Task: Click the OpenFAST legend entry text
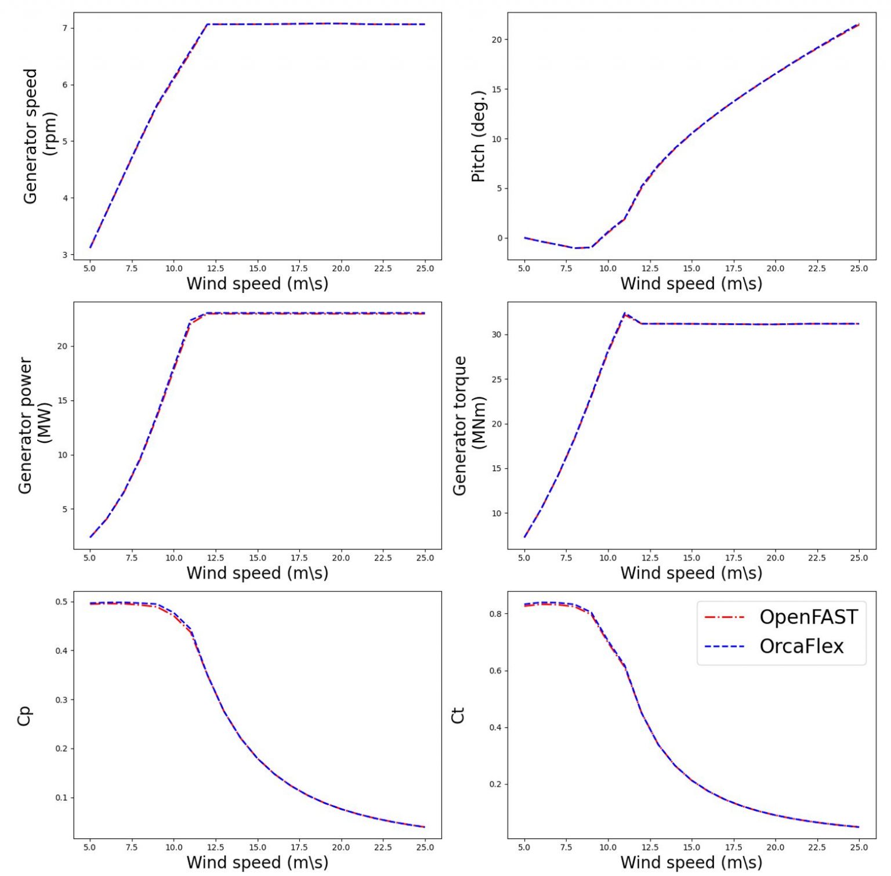click(x=808, y=617)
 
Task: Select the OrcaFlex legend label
click(x=802, y=646)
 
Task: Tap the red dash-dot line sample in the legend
click(x=725, y=617)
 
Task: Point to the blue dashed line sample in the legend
click(x=725, y=646)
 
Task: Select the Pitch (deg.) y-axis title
click(x=479, y=136)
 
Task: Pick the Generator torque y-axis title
click(x=468, y=425)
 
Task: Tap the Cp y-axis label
click(x=24, y=716)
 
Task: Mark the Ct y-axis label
click(x=458, y=716)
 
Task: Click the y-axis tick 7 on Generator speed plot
click(x=65, y=28)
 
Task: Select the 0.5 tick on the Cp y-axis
click(x=61, y=602)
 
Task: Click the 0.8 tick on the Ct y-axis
click(x=495, y=614)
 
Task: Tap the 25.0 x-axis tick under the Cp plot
click(x=425, y=848)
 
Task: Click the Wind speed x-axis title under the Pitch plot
click(x=691, y=284)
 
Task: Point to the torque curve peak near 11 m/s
click(x=625, y=314)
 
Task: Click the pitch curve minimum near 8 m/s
click(x=575, y=248)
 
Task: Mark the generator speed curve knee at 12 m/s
click(x=207, y=24)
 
